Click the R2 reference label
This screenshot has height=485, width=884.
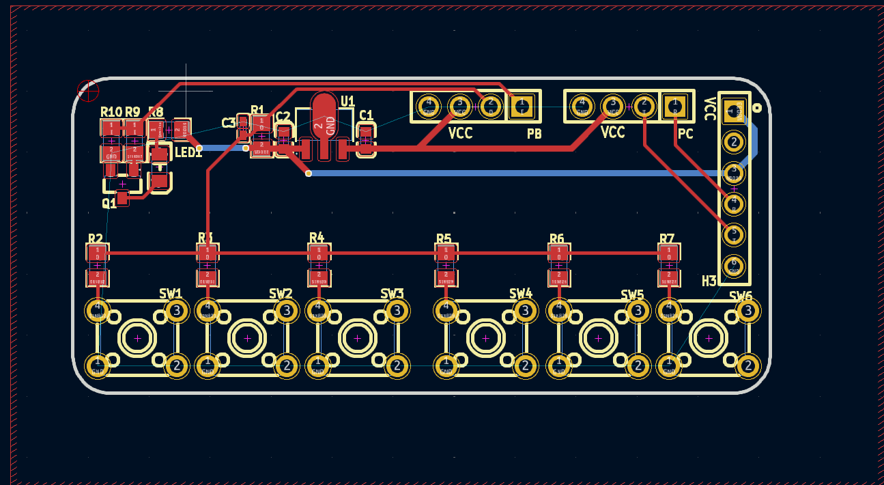pyautogui.click(x=95, y=239)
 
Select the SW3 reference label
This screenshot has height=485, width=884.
pyautogui.click(x=392, y=294)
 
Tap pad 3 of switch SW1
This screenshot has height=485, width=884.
pyautogui.click(x=177, y=311)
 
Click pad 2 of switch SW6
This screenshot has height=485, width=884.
pyautogui.click(x=748, y=366)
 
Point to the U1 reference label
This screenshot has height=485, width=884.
pyautogui.click(x=347, y=102)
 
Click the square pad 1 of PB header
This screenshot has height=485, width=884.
pyautogui.click(x=522, y=106)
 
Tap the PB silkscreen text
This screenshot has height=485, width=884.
pyautogui.click(x=534, y=134)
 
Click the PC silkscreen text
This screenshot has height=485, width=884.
pyautogui.click(x=685, y=134)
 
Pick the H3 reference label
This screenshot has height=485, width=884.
pyautogui.click(x=709, y=281)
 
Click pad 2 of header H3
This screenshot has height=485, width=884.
pyautogui.click(x=734, y=142)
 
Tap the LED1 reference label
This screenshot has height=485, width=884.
pyautogui.click(x=188, y=153)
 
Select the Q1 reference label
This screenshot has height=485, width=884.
pyautogui.click(x=109, y=203)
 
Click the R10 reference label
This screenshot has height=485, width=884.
pyautogui.click(x=111, y=112)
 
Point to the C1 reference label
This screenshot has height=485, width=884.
pyautogui.click(x=366, y=115)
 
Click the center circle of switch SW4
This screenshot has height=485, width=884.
pyautogui.click(x=486, y=337)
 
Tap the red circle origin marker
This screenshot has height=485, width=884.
pyautogui.click(x=88, y=90)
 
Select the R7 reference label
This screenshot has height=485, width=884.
pyautogui.click(x=667, y=239)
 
